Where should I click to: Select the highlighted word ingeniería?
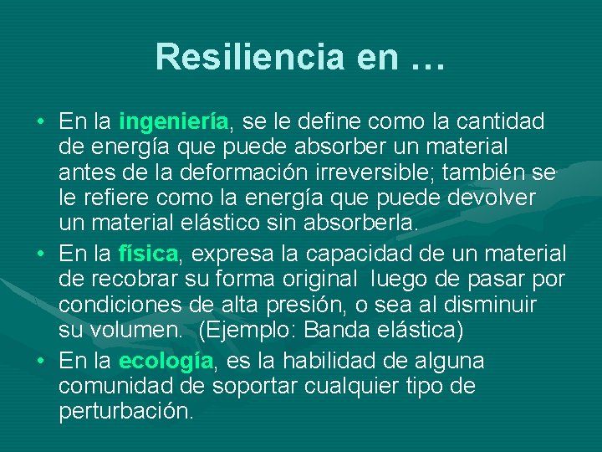point(174,121)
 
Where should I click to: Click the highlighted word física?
point(148,252)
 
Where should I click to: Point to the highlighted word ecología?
point(166,361)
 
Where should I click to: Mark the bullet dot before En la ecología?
point(40,362)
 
